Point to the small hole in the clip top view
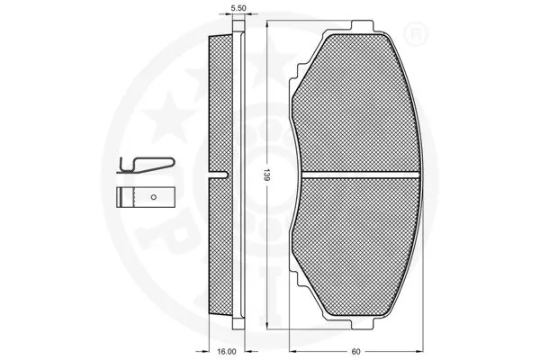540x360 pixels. pyautogui.click(x=153, y=196)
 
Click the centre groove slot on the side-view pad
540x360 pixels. pyautogui.click(x=217, y=173)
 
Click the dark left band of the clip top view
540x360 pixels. pyautogui.click(x=123, y=196)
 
